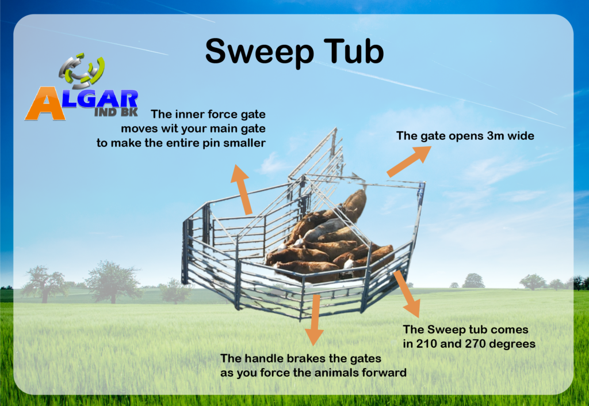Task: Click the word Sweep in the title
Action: tap(259, 52)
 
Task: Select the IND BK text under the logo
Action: tap(116, 112)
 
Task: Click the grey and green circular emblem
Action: tap(82, 70)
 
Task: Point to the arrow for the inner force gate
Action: tap(242, 189)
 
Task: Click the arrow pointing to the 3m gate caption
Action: tap(409, 161)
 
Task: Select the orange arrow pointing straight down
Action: tap(314, 320)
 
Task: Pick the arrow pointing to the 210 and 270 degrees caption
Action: tap(407, 294)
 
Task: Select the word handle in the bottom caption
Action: tap(262, 358)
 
